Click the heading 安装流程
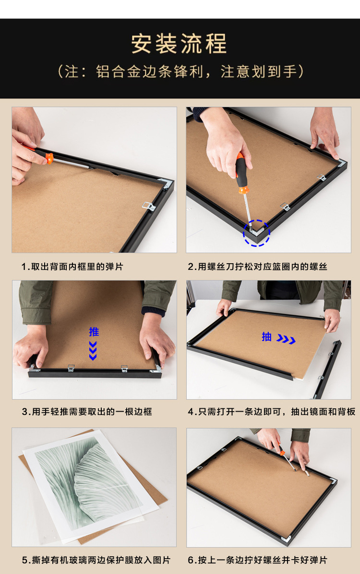[x=179, y=44]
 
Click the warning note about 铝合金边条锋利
[x=180, y=72]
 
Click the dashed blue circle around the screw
[x=256, y=233]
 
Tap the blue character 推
[x=94, y=331]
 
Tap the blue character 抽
[x=266, y=337]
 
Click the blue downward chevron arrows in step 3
[x=93, y=350]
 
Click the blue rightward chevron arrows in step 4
[x=286, y=340]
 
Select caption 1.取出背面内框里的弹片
[x=72, y=267]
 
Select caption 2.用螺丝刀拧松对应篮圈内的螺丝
[x=257, y=267]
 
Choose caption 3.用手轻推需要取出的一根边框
[x=86, y=412]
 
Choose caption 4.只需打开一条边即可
[x=271, y=412]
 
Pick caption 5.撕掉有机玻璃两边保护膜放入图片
[x=96, y=560]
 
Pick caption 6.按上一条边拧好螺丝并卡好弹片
[x=257, y=560]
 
